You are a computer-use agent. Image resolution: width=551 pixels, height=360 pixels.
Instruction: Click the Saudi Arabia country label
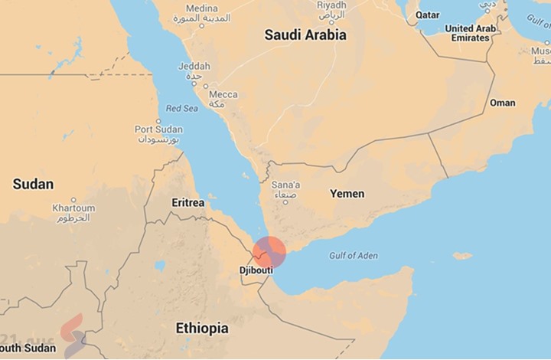305,34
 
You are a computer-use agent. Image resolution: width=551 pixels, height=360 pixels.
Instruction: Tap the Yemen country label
347,193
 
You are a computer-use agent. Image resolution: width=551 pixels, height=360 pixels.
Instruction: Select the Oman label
502,103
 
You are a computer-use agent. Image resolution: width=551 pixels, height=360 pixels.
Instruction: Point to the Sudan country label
34,184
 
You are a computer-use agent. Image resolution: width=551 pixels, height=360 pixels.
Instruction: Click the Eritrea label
187,203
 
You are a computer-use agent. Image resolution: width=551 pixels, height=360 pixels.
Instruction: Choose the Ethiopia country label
202,328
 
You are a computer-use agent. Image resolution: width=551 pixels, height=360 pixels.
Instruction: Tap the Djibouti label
256,270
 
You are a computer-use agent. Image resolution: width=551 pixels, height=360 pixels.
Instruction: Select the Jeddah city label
194,67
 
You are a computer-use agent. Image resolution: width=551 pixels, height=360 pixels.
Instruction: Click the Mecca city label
223,95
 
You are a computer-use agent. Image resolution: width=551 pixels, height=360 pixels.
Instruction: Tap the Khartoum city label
73,208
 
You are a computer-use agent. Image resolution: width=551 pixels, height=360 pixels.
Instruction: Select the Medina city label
201,8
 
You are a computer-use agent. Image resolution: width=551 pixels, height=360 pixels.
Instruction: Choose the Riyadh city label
331,5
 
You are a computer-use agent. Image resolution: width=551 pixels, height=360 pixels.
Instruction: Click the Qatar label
428,15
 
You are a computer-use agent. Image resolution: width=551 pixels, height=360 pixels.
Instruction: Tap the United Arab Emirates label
471,33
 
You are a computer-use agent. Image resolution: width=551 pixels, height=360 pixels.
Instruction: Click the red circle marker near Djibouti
269,253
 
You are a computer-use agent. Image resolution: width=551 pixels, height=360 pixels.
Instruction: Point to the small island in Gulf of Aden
462,256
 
